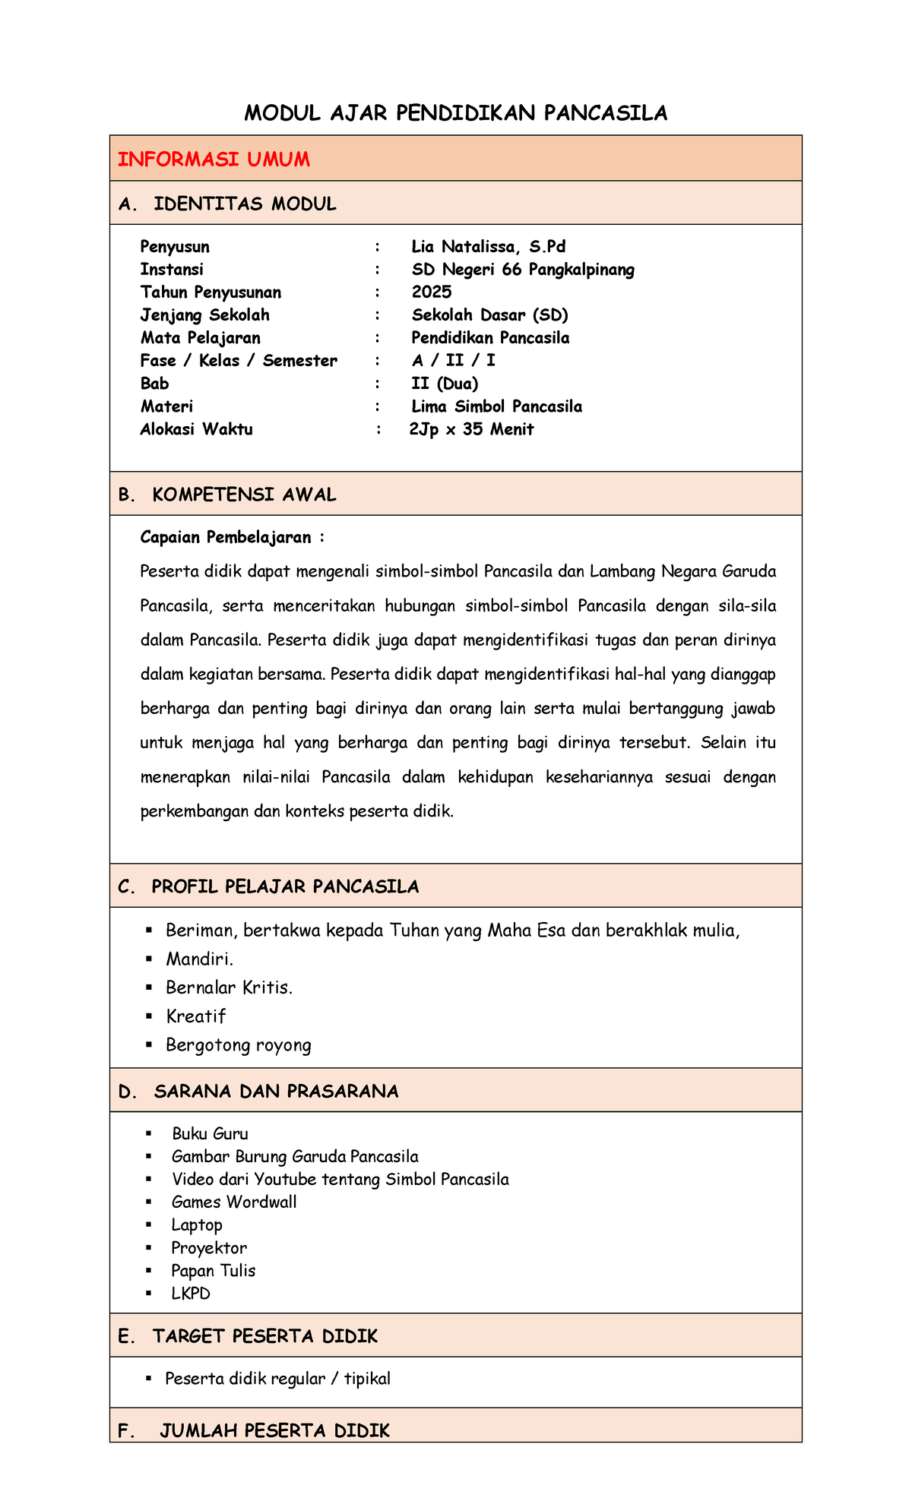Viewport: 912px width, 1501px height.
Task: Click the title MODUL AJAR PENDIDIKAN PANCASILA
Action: coord(455,113)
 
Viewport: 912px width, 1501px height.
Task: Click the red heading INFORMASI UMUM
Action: coord(214,159)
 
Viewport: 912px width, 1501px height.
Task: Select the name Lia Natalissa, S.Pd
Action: coord(488,247)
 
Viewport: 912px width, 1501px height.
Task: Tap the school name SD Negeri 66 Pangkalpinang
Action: coord(523,270)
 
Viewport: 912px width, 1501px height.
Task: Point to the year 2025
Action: coord(432,292)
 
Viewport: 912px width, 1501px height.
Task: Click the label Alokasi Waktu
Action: coord(196,429)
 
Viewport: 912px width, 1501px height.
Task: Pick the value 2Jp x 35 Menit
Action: coord(471,429)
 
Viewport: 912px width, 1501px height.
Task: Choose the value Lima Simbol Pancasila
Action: coord(496,406)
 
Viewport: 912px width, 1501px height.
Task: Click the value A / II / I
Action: coord(453,361)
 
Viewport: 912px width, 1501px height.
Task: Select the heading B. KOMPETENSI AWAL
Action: coord(227,495)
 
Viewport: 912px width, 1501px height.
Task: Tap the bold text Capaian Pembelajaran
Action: coord(226,538)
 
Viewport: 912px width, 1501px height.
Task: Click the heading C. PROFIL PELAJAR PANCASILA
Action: coord(268,886)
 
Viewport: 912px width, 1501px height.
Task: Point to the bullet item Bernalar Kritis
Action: coord(229,987)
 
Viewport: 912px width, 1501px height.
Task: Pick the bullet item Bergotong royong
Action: coord(238,1044)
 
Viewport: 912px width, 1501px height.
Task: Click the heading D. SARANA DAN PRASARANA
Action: coord(258,1092)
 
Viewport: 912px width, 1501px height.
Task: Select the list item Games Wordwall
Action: coord(234,1202)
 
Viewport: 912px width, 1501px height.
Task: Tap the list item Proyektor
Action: coord(209,1247)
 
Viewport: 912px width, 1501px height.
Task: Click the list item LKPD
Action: coord(191,1293)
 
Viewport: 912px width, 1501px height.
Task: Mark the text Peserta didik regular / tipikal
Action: coord(277,1378)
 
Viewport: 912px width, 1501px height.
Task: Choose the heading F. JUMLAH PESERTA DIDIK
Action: coord(255,1430)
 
